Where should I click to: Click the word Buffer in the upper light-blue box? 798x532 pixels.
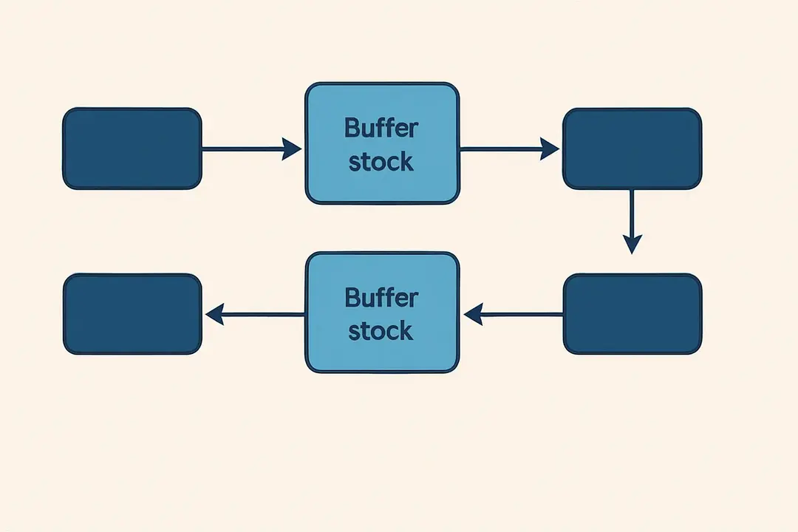(381, 128)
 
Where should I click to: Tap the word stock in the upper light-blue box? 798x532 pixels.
(381, 161)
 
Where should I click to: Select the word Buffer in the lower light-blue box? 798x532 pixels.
(381, 298)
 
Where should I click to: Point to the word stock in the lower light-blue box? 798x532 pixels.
(381, 331)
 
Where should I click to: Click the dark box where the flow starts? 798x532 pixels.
(132, 149)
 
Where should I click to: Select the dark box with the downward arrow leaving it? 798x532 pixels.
(632, 149)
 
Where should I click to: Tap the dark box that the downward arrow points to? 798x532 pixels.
(632, 314)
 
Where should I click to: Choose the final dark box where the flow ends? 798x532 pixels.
(132, 314)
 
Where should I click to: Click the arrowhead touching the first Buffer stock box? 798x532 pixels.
(293, 149)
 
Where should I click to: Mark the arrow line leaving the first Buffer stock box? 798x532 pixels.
(499, 149)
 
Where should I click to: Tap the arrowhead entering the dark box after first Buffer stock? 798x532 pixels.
(550, 149)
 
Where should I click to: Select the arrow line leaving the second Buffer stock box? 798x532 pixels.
(262, 316)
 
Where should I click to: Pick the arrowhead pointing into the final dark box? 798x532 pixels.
(215, 316)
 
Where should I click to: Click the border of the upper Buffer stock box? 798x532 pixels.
(382, 84)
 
